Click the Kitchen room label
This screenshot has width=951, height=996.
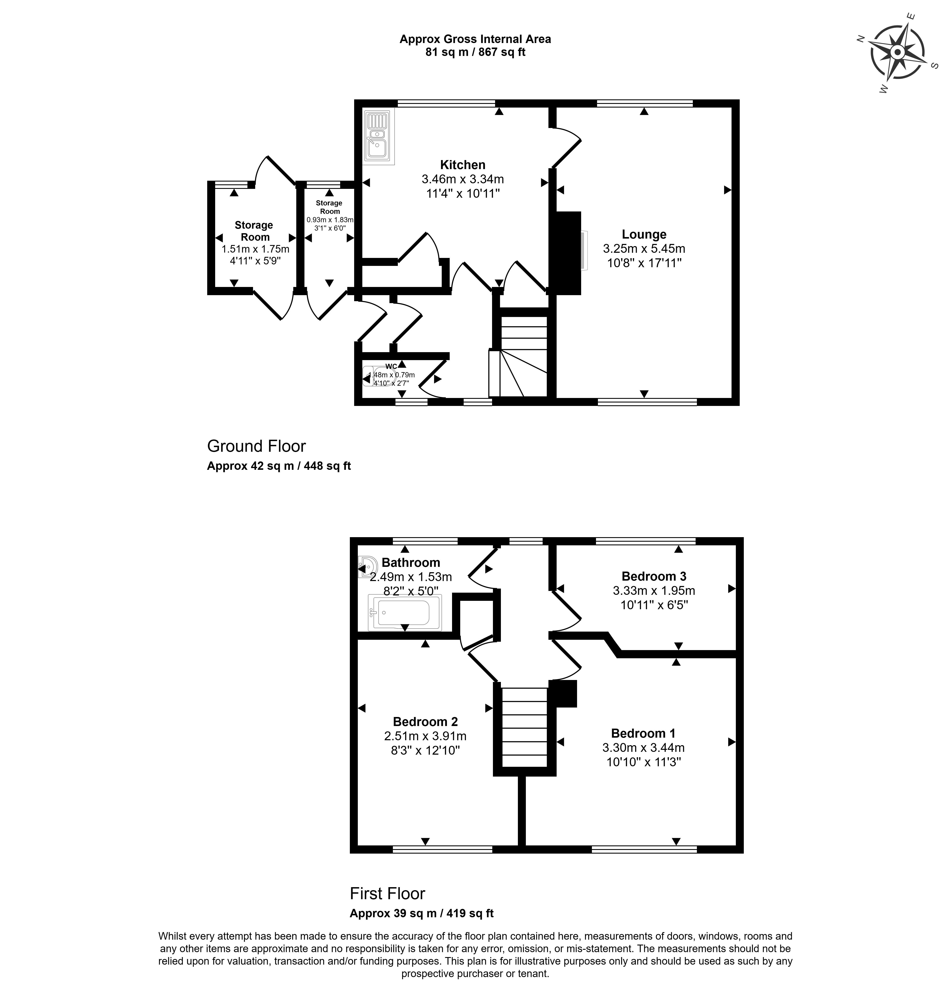point(462,165)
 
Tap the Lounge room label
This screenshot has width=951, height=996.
point(644,234)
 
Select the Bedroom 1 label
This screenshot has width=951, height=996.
point(643,733)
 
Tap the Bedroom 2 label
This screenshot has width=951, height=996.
point(425,721)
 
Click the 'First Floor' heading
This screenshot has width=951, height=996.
point(387,893)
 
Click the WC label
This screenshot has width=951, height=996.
point(391,367)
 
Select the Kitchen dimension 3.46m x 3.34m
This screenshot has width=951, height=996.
point(462,179)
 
